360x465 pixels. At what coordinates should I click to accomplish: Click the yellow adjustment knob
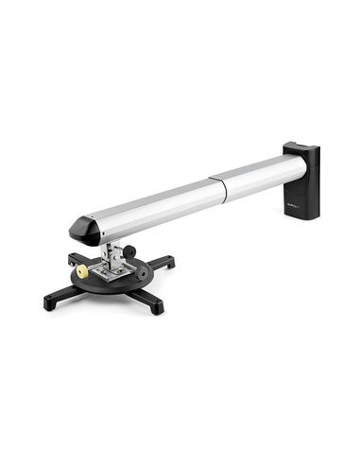[x=83, y=272]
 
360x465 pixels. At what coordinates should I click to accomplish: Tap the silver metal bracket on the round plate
[x=113, y=270]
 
